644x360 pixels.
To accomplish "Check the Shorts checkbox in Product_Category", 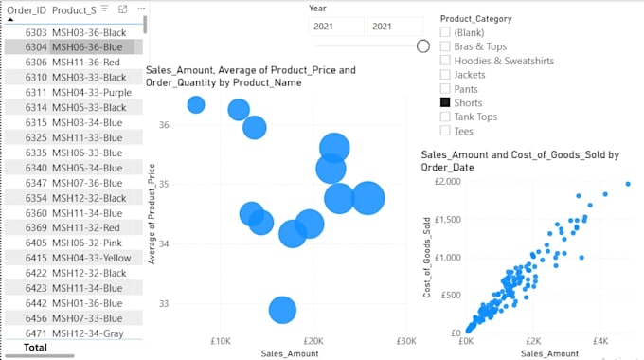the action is point(445,102).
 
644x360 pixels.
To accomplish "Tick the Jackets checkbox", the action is point(445,75).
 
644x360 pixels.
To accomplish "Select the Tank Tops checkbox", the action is point(445,117).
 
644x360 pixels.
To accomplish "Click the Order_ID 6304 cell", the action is point(36,47).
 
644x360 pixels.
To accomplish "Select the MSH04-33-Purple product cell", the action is point(92,93).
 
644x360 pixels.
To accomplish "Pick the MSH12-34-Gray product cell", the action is point(88,333).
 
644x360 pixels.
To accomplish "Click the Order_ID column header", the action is point(27,10).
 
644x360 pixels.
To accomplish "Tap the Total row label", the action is point(35,348).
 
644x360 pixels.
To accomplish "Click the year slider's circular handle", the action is point(423,46).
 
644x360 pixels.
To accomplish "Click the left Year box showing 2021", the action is point(336,27).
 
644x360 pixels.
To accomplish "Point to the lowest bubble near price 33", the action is point(282,310).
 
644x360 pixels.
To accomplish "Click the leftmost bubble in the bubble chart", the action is point(196,105).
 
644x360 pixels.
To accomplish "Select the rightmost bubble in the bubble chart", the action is point(368,198).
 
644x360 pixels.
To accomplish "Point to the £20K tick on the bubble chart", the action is point(313,341).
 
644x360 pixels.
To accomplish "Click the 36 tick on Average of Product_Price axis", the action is point(164,125).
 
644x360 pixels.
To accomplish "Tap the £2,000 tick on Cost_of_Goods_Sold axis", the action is point(448,182).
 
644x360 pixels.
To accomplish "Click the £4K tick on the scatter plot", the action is point(600,341).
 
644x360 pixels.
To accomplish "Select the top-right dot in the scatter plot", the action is point(628,184).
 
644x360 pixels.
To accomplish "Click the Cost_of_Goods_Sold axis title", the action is point(427,258).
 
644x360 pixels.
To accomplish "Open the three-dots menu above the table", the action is point(141,9).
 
